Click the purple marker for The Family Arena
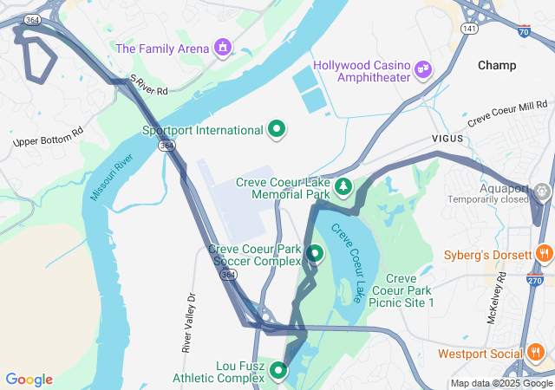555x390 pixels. coord(223,47)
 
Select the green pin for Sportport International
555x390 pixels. coord(277,130)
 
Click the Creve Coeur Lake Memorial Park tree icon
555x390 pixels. coord(344,185)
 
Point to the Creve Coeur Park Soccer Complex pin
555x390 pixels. coord(314,254)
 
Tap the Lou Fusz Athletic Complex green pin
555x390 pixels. coord(278,370)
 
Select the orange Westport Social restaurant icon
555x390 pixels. coord(535,353)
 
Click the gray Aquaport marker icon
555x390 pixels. coord(543,191)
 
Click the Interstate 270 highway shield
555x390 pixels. coord(534,279)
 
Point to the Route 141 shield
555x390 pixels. coord(469,29)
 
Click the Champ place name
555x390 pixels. coord(497,65)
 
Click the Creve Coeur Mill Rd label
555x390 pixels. coord(508,114)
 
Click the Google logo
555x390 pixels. coord(29,379)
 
